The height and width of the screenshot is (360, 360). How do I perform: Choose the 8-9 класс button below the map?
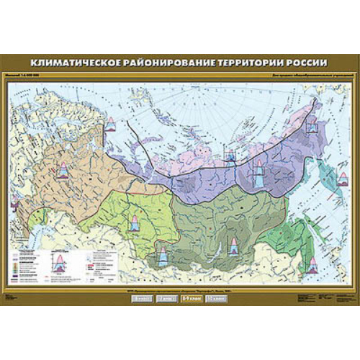point(189,296)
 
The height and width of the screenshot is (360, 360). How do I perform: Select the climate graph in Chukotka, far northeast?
point(310,127)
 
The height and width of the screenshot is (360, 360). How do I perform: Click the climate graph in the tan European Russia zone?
point(63,173)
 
